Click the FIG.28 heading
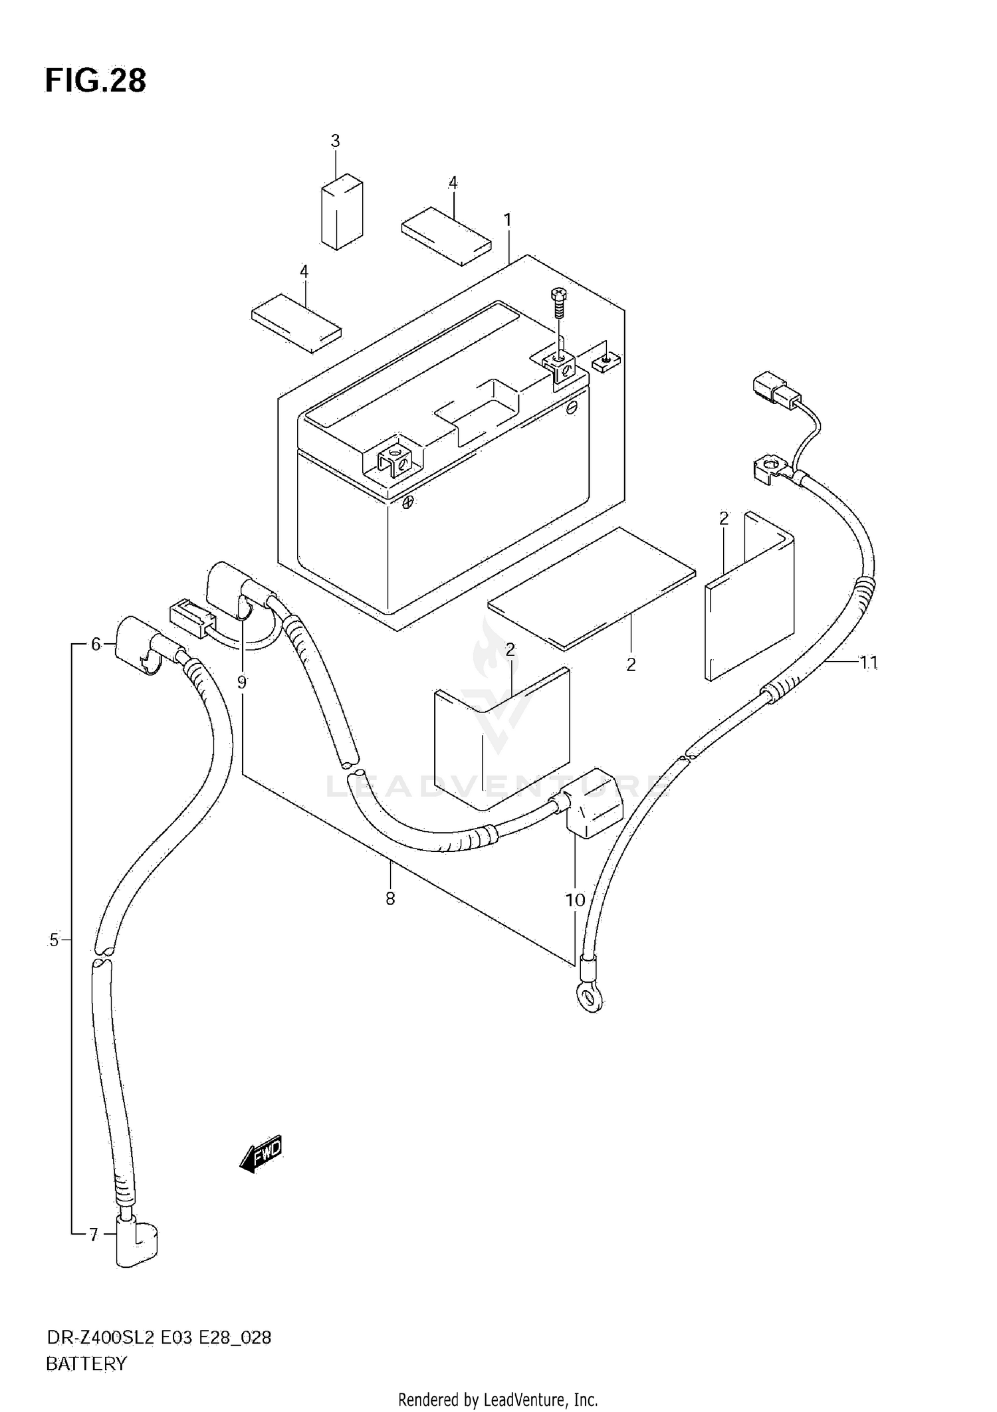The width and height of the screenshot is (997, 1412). click(x=95, y=80)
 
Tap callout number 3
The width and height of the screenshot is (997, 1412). click(x=335, y=141)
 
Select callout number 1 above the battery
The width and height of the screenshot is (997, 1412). click(x=507, y=219)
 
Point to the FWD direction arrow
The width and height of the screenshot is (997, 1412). click(x=261, y=1154)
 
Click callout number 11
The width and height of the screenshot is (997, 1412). click(x=869, y=662)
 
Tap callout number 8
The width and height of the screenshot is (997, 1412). click(x=390, y=898)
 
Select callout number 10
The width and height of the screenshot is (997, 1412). click(x=575, y=900)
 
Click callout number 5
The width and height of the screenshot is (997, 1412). click(x=54, y=940)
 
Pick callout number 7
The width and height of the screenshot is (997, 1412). click(x=94, y=1235)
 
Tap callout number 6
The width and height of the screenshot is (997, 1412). click(x=96, y=644)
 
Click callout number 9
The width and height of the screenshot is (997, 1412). click(x=241, y=682)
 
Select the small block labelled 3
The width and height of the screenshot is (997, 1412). click(x=342, y=212)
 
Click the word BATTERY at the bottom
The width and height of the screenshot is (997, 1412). click(x=86, y=1364)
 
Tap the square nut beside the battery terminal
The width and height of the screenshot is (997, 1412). click(x=606, y=362)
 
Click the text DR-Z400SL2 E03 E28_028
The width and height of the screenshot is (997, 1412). click(x=158, y=1338)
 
